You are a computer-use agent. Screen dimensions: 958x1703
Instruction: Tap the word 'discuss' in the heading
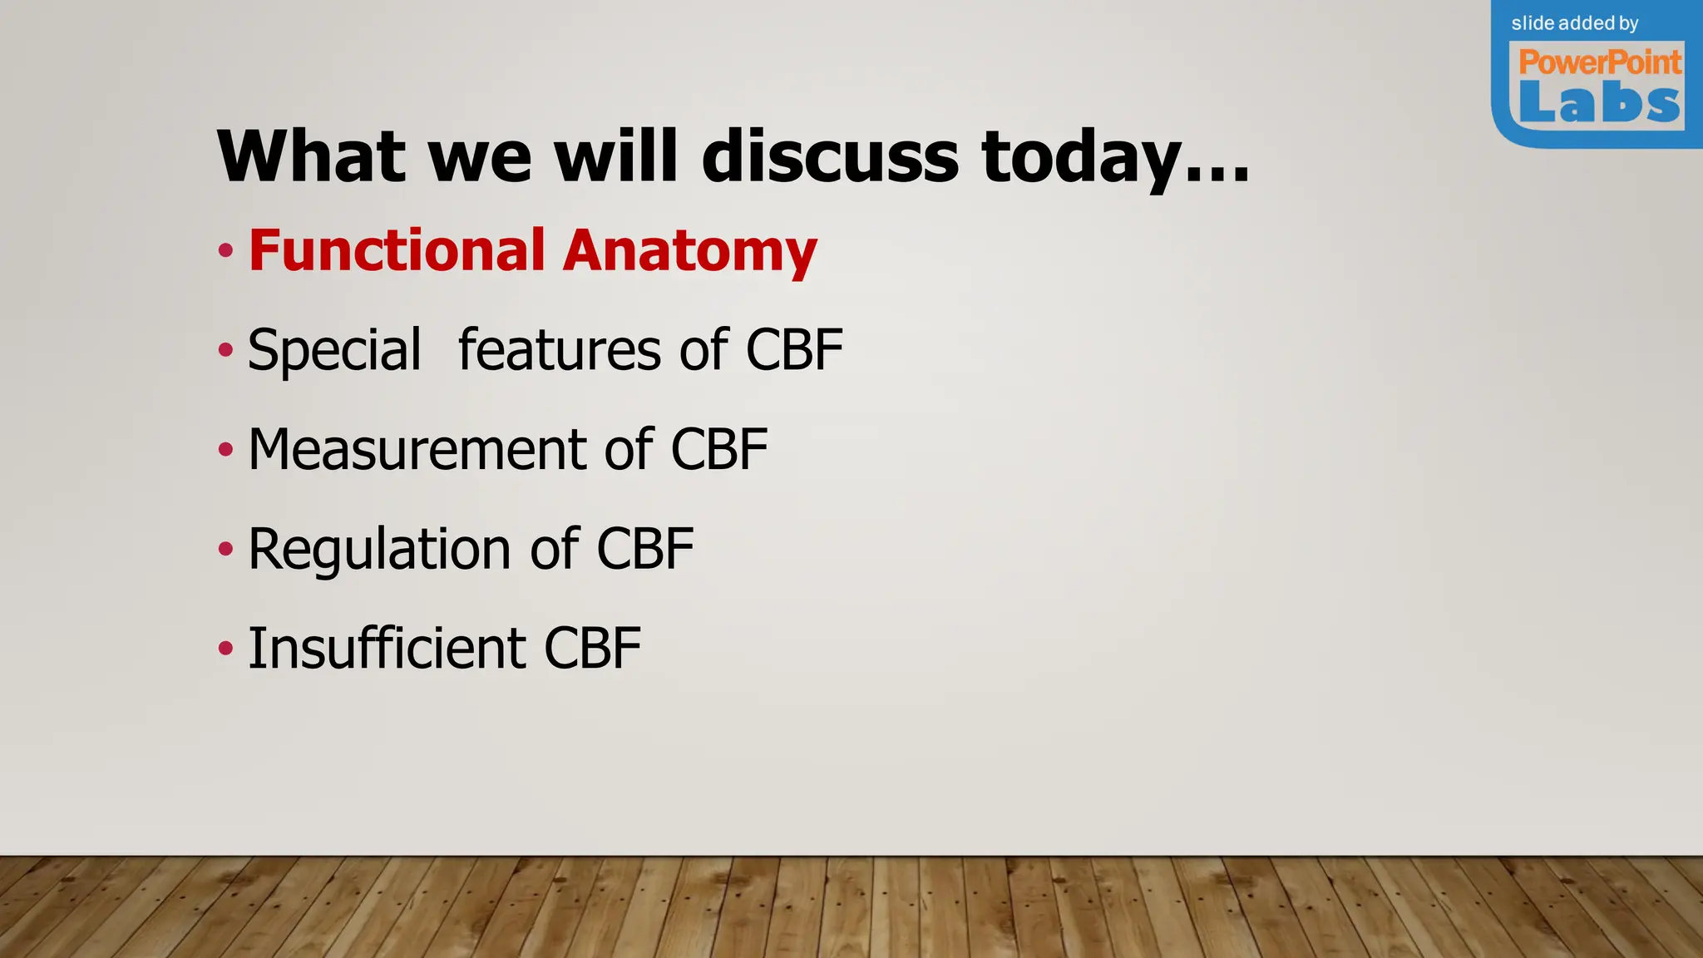click(x=830, y=156)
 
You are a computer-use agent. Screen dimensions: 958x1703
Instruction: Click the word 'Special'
click(x=334, y=351)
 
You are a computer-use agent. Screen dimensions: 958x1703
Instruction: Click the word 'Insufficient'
click(x=387, y=648)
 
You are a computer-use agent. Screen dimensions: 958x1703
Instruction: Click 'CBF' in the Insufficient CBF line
click(x=592, y=648)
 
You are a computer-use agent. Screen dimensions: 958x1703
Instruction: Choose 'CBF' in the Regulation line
click(x=645, y=549)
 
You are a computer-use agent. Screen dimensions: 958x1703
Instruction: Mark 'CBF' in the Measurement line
click(x=719, y=449)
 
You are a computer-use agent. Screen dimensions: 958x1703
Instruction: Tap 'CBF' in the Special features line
click(x=794, y=349)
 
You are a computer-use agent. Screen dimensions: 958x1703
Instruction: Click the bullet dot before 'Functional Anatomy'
click(x=225, y=250)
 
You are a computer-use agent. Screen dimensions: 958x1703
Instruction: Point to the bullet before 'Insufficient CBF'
click(x=225, y=648)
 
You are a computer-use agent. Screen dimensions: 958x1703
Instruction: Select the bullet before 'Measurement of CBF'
click(x=225, y=450)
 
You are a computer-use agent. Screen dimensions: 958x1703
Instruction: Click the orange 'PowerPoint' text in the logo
click(x=1600, y=62)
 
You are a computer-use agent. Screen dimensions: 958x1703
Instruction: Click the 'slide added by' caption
click(x=1575, y=23)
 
